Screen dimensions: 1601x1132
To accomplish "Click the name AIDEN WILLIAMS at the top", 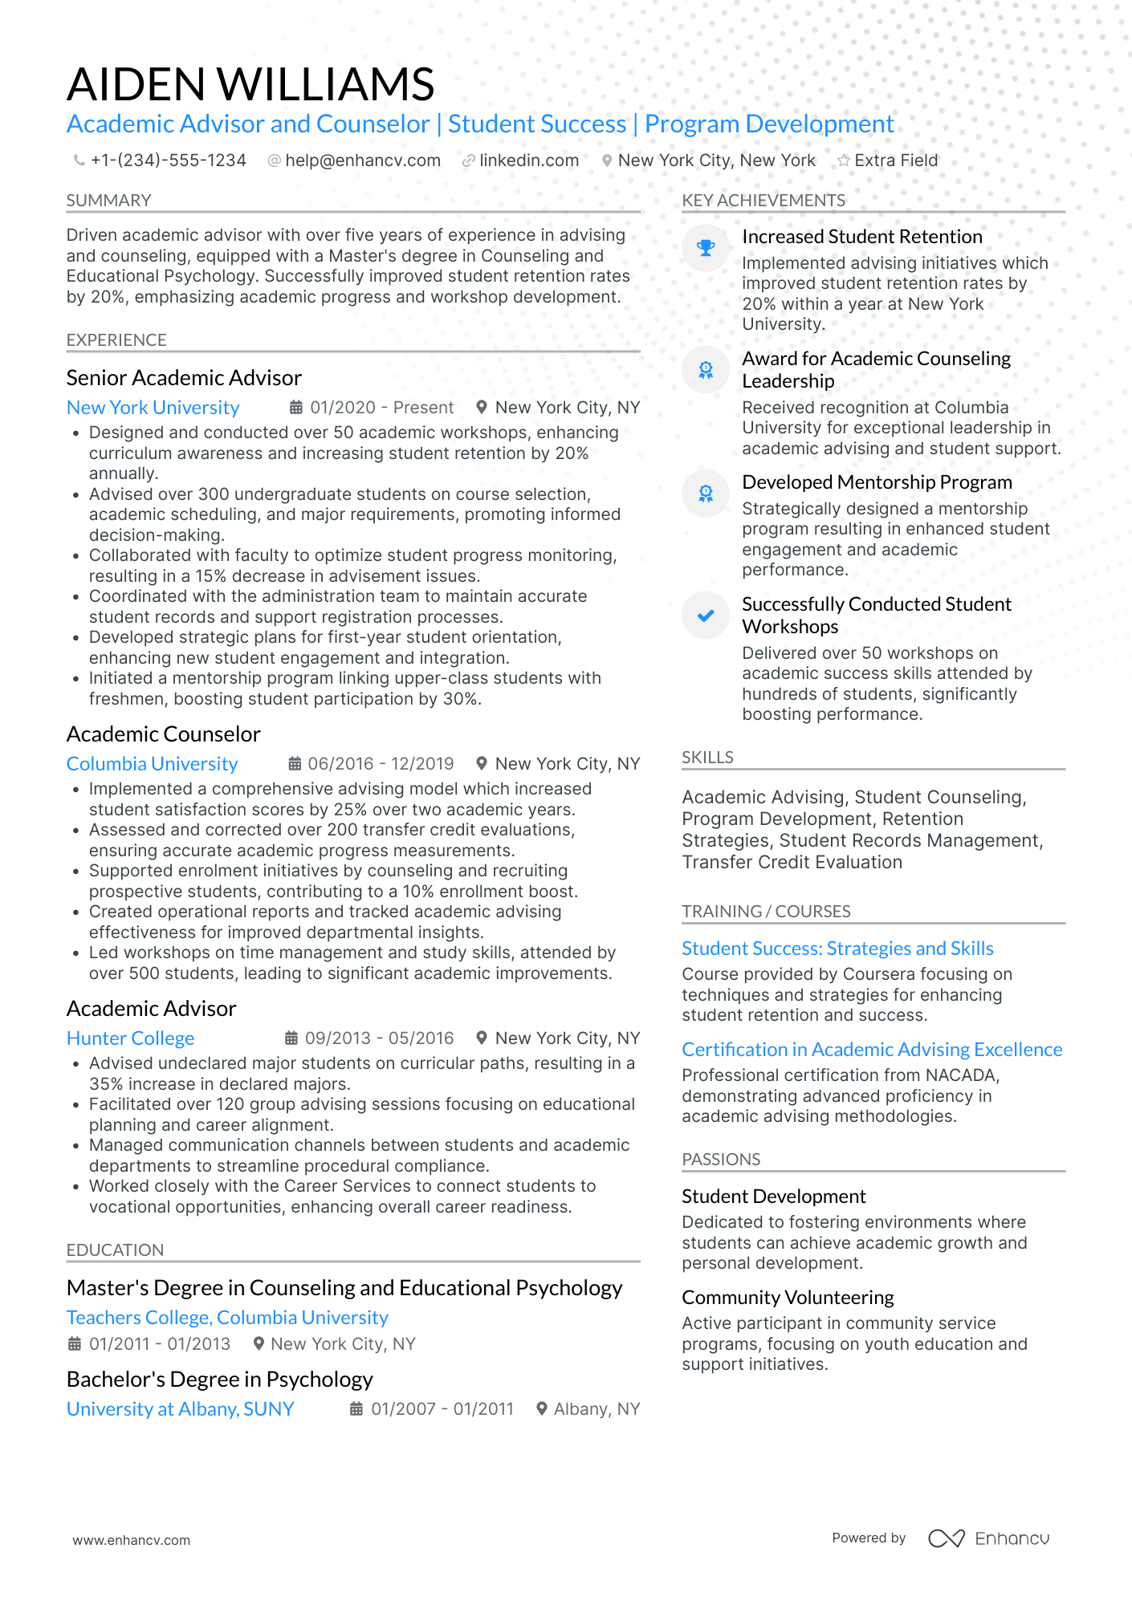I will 250,84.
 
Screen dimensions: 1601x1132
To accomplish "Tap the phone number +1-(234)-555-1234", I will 168,161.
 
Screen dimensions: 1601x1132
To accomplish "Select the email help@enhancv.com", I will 363,161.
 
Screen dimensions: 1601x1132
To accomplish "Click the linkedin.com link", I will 528,161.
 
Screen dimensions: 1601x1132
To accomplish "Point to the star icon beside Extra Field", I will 843,161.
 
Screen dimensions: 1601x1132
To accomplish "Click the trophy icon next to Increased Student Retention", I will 706,248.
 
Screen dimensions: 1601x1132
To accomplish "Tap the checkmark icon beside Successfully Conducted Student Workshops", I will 706,616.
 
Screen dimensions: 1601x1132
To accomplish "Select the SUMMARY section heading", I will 108,201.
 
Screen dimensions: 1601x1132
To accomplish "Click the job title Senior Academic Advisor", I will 184,378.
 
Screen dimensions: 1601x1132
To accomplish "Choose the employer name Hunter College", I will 130,1038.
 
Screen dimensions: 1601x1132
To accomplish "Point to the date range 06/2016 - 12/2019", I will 381,764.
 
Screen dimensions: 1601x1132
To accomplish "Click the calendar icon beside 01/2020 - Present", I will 295,408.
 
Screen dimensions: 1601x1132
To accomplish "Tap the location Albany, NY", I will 597,1409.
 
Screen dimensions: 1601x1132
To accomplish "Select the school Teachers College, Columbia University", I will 227,1318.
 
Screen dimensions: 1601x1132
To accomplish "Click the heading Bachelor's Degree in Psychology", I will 219,1380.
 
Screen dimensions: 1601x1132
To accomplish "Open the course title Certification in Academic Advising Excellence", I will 872,1050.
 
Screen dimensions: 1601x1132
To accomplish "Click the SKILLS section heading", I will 707,758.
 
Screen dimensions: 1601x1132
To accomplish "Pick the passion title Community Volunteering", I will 788,1298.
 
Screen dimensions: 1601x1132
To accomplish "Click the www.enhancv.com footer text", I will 131,1540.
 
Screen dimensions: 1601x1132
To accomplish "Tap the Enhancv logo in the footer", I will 988,1538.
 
